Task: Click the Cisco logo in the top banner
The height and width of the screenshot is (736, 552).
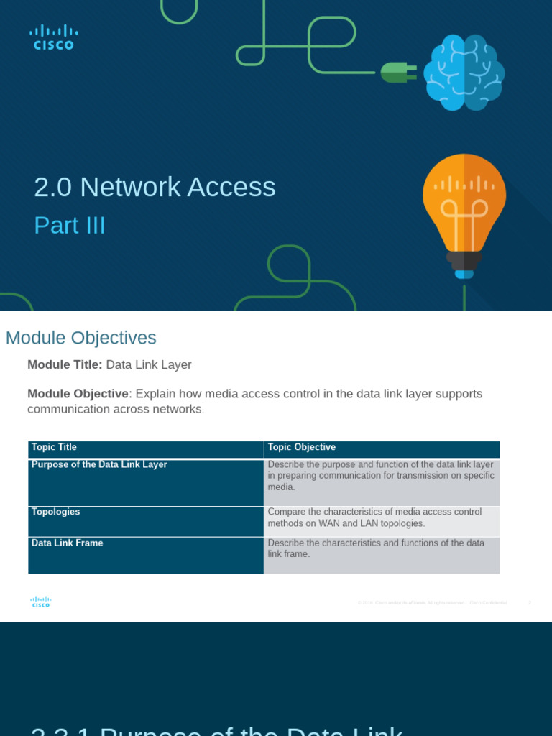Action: (53, 37)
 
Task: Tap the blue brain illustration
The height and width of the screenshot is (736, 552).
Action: (464, 72)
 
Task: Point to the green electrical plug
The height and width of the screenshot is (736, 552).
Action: (398, 73)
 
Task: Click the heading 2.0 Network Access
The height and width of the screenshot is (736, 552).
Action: (155, 187)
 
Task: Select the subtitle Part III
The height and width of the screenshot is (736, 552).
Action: (70, 226)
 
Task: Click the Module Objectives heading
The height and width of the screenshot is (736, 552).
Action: (80, 338)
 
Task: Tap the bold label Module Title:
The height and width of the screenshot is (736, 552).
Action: (65, 364)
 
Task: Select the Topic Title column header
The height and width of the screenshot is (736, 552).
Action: (54, 447)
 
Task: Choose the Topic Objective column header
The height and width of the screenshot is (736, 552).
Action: (302, 447)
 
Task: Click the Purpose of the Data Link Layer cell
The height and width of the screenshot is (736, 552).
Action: (99, 465)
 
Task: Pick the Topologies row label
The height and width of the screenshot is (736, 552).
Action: (55, 512)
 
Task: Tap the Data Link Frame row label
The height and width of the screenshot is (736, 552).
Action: (67, 543)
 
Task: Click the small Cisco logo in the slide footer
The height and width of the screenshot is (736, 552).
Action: (40, 602)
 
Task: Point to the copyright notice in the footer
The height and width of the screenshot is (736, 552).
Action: (432, 602)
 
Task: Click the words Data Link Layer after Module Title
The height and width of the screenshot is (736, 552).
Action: (149, 364)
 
